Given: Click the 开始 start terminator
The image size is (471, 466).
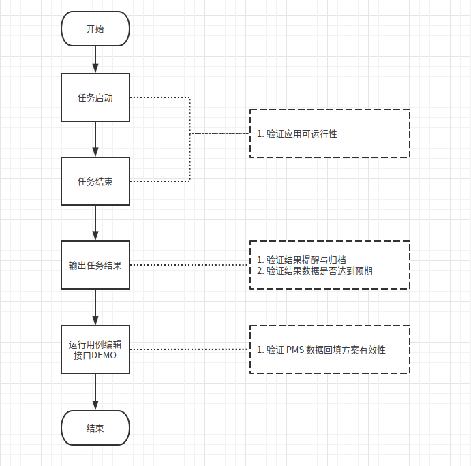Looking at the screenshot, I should [x=95, y=29].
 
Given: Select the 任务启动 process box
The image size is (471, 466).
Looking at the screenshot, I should [x=95, y=97].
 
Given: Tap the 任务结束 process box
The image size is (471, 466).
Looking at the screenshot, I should [x=95, y=181].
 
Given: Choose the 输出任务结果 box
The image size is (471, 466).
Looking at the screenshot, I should [x=95, y=265].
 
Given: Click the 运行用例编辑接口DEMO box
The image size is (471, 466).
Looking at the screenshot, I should [x=95, y=349].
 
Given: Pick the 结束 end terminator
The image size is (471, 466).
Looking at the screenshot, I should [x=95, y=428].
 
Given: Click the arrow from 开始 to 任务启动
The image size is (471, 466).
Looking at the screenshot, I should [x=95, y=60].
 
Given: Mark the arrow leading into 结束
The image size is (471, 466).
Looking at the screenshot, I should [x=95, y=392].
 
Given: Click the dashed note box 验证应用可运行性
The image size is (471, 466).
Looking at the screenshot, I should [x=329, y=134].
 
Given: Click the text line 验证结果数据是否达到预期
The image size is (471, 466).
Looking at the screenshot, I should [x=319, y=270].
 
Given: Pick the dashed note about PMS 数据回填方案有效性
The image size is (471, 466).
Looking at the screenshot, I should [x=329, y=349].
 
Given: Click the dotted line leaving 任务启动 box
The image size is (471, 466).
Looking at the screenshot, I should [x=159, y=97].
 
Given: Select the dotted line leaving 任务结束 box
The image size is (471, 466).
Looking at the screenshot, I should [x=159, y=181].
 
